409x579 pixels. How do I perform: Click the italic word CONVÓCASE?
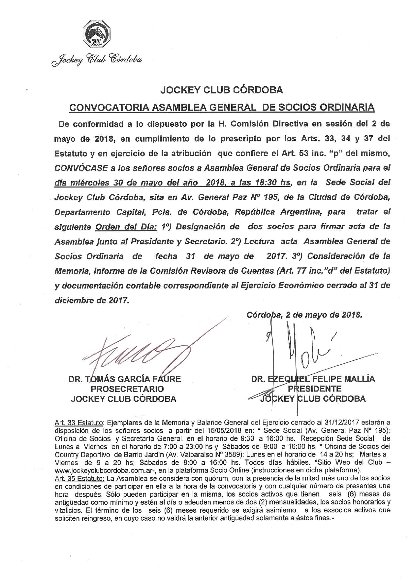pyautogui.click(x=81, y=168)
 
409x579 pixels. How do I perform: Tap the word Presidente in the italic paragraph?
pyautogui.click(x=153, y=241)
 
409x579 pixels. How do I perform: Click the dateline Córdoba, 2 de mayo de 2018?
pyautogui.click(x=304, y=315)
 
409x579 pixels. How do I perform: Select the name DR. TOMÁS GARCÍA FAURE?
pyautogui.click(x=125, y=379)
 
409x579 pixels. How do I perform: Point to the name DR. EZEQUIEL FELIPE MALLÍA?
pyautogui.click(x=313, y=379)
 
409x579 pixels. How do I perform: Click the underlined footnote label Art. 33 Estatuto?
pyautogui.click(x=79, y=423)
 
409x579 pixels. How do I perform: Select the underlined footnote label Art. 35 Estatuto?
pyautogui.click(x=79, y=478)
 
